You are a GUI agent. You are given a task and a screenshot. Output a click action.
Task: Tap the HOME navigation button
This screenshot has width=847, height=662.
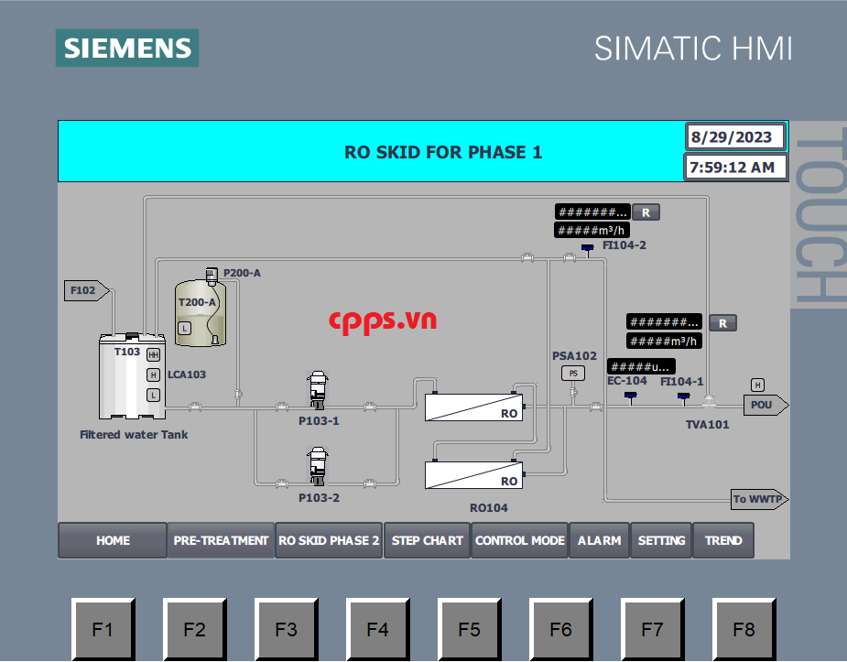(x=113, y=540)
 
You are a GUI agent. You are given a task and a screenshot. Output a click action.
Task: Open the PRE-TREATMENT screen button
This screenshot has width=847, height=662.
(x=221, y=540)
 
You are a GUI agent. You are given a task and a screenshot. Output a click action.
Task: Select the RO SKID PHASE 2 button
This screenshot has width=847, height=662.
(x=329, y=540)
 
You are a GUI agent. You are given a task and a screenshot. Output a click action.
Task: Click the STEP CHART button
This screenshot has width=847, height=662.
(x=428, y=540)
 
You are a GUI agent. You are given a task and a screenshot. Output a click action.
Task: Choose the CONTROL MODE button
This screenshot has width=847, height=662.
(x=520, y=540)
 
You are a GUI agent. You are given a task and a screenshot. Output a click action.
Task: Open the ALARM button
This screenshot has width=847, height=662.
(x=599, y=540)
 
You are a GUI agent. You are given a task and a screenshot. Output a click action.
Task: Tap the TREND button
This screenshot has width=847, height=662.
(x=723, y=540)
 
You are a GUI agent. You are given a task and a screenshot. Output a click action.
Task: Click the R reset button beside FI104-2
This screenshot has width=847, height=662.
(x=646, y=212)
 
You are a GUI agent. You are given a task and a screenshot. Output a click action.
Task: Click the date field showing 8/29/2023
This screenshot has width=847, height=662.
(x=734, y=137)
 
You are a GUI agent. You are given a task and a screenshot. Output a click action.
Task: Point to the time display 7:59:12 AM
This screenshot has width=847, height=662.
(x=734, y=168)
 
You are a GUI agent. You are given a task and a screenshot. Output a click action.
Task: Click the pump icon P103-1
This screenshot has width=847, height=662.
(x=318, y=389)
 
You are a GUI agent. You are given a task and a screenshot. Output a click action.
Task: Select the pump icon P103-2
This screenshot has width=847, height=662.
(x=318, y=466)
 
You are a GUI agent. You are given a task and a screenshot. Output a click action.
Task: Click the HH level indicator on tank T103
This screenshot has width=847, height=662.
(x=154, y=354)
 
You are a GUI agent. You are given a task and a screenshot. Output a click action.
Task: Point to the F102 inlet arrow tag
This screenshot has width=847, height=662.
(x=86, y=290)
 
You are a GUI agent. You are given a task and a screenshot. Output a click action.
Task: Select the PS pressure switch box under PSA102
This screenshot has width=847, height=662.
(x=573, y=373)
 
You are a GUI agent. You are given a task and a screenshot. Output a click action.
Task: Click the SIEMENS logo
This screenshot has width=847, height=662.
(x=127, y=48)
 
